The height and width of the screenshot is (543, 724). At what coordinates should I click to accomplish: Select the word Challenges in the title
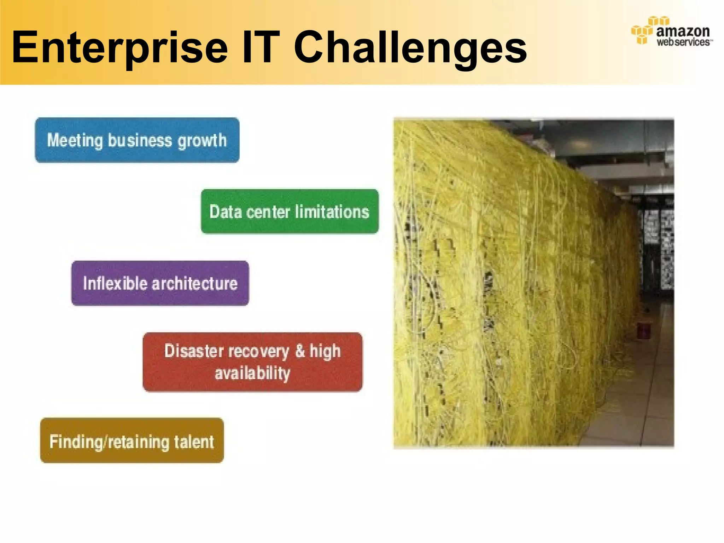[410, 48]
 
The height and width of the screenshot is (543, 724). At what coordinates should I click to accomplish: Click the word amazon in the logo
[683, 31]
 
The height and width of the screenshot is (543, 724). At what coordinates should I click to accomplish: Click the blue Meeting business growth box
[137, 140]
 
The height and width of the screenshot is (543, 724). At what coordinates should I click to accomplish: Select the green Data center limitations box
[290, 211]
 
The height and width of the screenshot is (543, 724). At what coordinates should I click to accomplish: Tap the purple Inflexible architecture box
[160, 284]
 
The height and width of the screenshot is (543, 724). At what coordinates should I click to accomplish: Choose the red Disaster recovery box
[252, 362]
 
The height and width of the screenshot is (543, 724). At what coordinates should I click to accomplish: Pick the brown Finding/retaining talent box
[132, 440]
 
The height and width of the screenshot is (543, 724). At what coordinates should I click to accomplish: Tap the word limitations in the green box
[332, 212]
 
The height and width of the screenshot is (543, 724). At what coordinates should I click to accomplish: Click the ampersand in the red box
[300, 351]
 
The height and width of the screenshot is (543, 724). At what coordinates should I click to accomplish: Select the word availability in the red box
[252, 373]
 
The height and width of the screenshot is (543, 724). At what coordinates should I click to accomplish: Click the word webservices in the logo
[683, 42]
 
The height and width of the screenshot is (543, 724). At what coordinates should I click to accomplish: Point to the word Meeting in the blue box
[75, 141]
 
